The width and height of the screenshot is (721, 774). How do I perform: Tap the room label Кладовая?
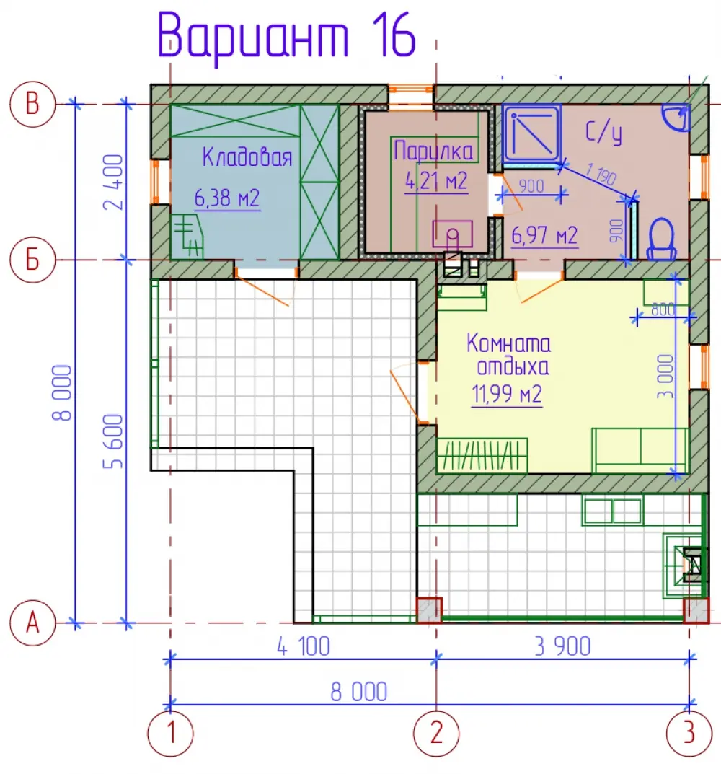(247, 157)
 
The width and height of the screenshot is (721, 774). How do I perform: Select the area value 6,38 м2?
(227, 198)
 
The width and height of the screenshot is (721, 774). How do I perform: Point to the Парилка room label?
(433, 151)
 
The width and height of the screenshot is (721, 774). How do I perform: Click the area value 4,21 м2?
(435, 181)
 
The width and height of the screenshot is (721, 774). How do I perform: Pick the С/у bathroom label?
(603, 132)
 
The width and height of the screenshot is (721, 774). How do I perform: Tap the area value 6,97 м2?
(544, 235)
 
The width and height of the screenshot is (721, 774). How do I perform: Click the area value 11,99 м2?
(507, 394)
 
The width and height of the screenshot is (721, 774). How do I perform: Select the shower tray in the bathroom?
(531, 133)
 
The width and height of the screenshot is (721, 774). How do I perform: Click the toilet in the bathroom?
(660, 239)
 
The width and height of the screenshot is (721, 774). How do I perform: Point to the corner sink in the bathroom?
(676, 118)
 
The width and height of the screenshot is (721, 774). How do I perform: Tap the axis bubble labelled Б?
(32, 260)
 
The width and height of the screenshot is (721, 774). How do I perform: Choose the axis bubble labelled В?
(32, 104)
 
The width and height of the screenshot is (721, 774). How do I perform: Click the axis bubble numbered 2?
(436, 734)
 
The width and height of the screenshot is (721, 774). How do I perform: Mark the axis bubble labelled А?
(32, 623)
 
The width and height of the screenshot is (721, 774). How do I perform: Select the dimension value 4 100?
(303, 646)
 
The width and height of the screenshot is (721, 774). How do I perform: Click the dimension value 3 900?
(562, 646)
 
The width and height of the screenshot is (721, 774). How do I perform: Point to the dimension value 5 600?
(113, 441)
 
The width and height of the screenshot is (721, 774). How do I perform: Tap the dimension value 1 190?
(601, 175)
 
